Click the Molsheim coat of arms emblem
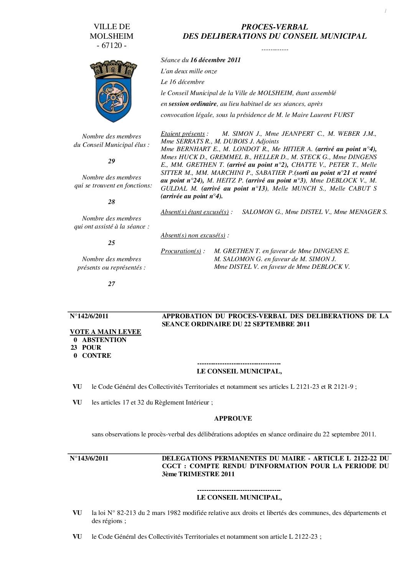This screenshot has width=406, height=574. (111, 92)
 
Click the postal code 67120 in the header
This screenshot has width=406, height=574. (111, 46)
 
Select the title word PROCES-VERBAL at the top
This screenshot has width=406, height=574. (274, 27)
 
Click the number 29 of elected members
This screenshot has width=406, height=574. (111, 161)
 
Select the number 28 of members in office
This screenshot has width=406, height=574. (111, 202)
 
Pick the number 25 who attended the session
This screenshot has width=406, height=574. (111, 243)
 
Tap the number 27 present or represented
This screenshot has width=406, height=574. (111, 284)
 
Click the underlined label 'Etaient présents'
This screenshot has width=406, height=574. (183, 134)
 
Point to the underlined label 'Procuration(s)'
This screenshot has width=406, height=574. (181, 251)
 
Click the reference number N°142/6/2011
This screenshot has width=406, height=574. (89, 316)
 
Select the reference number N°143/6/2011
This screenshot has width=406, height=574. (89, 458)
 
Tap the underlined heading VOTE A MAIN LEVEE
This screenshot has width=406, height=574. (106, 332)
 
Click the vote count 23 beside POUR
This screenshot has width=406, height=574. (74, 348)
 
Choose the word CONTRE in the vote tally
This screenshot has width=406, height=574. (97, 356)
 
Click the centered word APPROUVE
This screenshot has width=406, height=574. (233, 419)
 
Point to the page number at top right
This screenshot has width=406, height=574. (385, 12)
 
